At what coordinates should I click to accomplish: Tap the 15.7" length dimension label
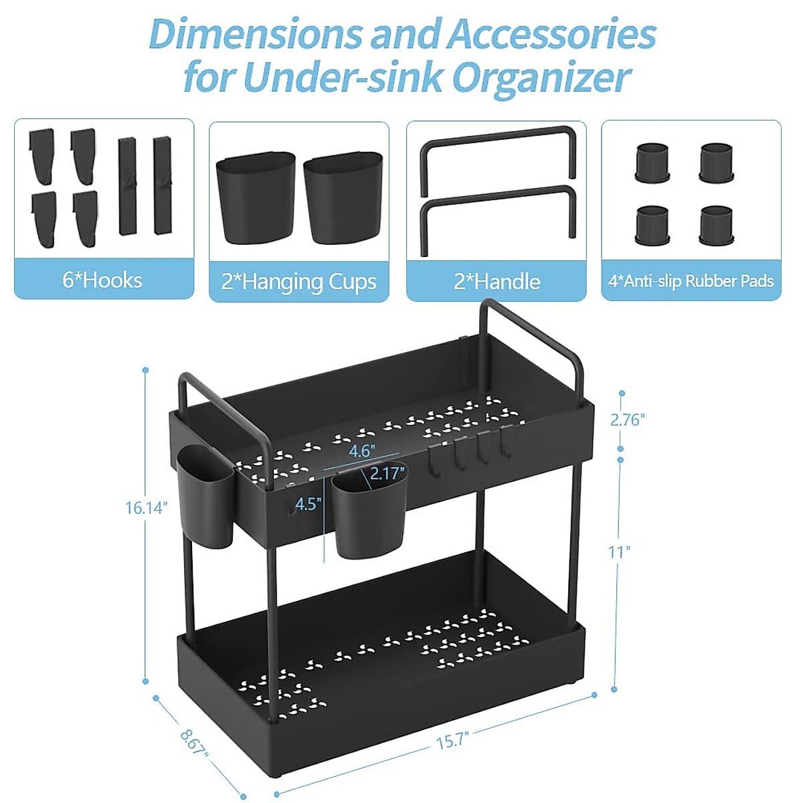tap(452, 741)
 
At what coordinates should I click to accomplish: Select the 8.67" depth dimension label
tap(194, 742)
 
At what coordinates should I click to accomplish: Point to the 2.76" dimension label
tap(627, 420)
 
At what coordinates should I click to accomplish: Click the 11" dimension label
tap(619, 552)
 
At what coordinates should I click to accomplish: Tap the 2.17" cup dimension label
tap(387, 474)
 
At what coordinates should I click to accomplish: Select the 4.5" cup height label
tap(308, 504)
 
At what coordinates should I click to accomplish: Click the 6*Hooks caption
tap(102, 280)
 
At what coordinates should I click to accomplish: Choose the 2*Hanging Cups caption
tap(298, 282)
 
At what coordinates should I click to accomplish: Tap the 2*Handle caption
tap(497, 281)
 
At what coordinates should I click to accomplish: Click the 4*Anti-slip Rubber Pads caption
tap(691, 281)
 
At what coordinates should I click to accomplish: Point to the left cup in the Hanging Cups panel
tap(255, 198)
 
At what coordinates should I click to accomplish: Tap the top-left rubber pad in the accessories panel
tap(652, 163)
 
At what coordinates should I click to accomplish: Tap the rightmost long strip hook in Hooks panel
tap(163, 185)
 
